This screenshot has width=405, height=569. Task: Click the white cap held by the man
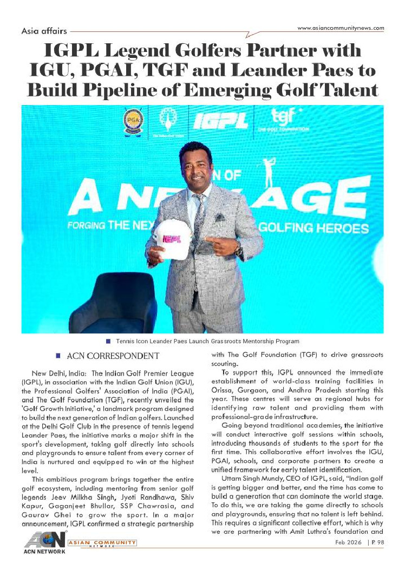pyautogui.click(x=172, y=238)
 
